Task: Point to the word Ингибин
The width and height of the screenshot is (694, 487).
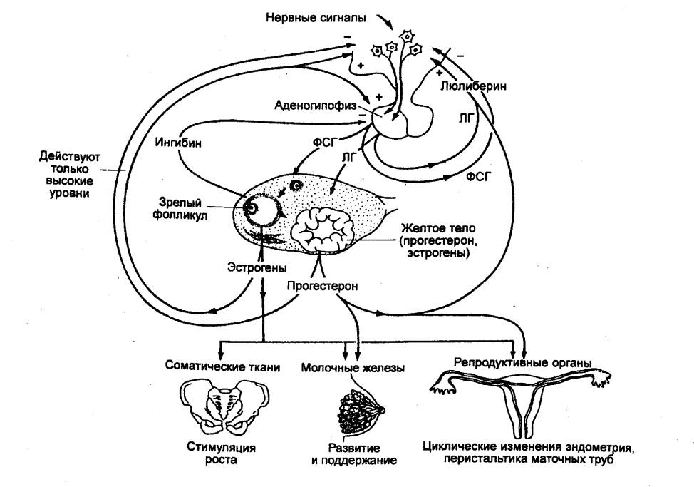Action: coord(178,143)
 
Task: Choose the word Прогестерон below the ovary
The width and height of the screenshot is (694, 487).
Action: coord(323,286)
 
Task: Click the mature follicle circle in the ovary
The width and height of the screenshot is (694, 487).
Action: coord(258,209)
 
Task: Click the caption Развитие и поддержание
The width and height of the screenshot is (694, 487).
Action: coord(353,455)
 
